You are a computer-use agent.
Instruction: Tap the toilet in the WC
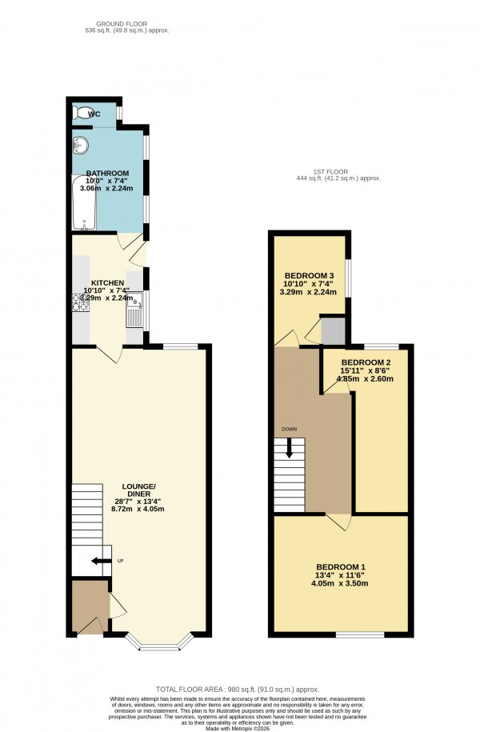pyautogui.click(x=80, y=114)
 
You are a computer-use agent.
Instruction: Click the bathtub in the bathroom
pyautogui.click(x=83, y=203)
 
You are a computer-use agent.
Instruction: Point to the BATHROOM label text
pyautogui.click(x=107, y=174)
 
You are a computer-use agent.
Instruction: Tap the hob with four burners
pyautogui.click(x=81, y=302)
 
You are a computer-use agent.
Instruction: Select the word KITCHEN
pyautogui.click(x=107, y=283)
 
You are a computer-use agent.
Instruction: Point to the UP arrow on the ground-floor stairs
pyautogui.click(x=101, y=561)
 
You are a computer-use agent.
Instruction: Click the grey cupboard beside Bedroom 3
pyautogui.click(x=333, y=330)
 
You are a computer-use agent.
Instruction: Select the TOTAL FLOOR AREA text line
pyautogui.click(x=240, y=689)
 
